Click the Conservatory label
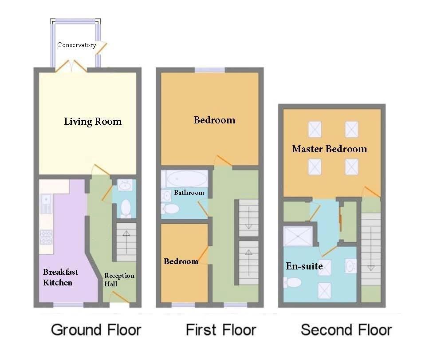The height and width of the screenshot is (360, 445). (76, 45)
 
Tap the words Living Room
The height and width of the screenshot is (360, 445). (92, 122)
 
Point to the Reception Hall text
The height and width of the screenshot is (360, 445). (119, 280)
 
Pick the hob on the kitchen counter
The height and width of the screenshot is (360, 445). (46, 237)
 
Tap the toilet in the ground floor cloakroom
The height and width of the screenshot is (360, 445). (126, 207)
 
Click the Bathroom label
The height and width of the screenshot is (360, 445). (189, 193)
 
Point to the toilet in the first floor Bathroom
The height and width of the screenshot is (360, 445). (169, 209)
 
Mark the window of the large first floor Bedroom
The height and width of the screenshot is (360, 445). (210, 70)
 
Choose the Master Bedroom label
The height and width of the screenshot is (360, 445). (329, 149)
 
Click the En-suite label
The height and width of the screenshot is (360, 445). (304, 266)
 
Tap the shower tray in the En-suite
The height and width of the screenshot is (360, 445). (298, 236)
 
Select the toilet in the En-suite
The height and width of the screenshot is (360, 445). (293, 282)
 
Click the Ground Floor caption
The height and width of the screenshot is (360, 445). (96, 330)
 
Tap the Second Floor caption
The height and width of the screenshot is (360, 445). (346, 330)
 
